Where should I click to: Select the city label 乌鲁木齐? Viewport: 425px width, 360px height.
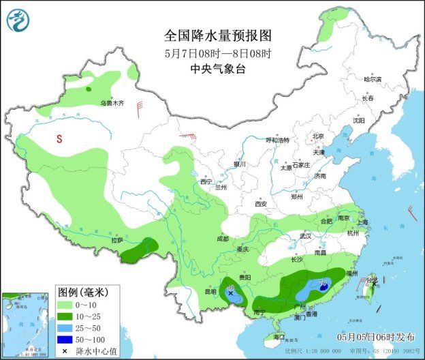(x=112, y=103)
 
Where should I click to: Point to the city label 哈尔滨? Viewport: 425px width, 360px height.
(x=373, y=79)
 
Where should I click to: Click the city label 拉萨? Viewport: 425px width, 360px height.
(x=116, y=240)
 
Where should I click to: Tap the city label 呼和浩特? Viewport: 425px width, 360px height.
(x=277, y=140)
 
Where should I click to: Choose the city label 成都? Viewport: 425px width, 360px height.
(x=223, y=239)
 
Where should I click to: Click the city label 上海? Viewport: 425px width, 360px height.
(x=362, y=222)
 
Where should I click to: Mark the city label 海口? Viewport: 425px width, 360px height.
(x=278, y=337)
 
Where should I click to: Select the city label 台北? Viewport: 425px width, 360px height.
(x=372, y=280)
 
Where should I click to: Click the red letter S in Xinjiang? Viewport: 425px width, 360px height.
(x=60, y=139)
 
